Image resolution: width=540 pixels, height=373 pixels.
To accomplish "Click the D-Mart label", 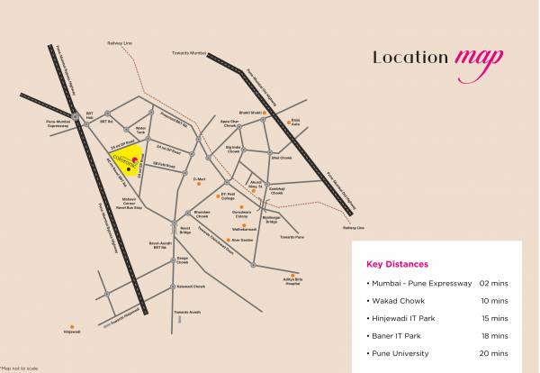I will (200, 179).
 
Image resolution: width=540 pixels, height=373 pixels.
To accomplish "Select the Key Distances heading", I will (397, 265).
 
